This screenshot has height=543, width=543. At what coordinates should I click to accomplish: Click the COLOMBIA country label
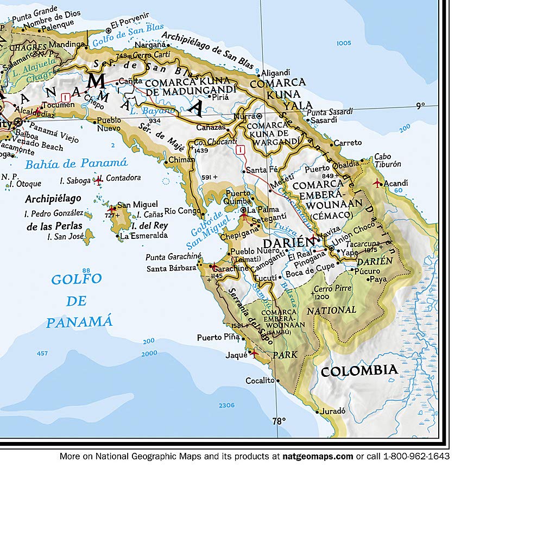point(359,371)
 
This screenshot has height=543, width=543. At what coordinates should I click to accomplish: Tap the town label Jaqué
point(236,356)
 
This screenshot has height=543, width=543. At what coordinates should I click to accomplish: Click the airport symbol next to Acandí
point(377,184)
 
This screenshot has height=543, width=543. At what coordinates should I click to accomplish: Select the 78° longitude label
point(279,421)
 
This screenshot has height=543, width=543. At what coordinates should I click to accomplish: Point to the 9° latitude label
point(420,106)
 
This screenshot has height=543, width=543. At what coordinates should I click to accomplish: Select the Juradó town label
point(333,411)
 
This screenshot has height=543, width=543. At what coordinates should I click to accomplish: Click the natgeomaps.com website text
point(318,457)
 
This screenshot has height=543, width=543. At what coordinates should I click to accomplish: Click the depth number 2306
point(226,406)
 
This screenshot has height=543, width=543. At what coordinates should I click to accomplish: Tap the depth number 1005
point(344,43)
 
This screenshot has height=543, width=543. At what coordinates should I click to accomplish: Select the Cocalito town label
point(260,381)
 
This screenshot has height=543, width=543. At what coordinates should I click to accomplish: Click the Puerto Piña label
point(218,337)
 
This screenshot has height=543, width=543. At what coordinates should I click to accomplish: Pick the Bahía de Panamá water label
point(77,163)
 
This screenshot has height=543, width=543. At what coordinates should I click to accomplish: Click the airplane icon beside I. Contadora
point(98,180)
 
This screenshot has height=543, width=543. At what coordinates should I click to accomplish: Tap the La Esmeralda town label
point(144,236)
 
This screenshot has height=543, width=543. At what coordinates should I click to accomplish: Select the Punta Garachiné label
point(173,257)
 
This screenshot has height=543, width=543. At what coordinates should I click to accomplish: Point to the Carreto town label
point(348,143)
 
